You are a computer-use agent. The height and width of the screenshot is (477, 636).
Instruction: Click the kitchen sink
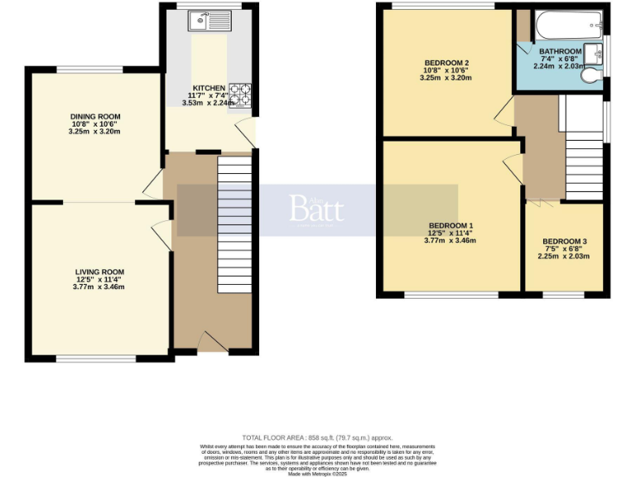pyautogui.click(x=203, y=21)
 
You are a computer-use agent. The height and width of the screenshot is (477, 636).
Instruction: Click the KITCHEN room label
pyautogui.click(x=209, y=88)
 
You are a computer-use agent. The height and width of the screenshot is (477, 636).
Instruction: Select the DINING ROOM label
pyautogui.click(x=95, y=117)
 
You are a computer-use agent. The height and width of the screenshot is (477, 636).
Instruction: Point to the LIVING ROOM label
pyautogui.click(x=99, y=272)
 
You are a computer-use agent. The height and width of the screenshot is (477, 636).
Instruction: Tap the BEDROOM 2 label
pyautogui.click(x=447, y=63)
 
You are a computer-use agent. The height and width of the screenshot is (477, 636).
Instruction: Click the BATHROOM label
pyautogui.click(x=560, y=51)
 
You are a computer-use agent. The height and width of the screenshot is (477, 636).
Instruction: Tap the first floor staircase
pyautogui.click(x=584, y=161)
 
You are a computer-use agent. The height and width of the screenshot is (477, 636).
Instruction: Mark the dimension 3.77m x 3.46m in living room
pyautogui.click(x=99, y=287)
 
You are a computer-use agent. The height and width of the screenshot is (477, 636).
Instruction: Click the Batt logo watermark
pyautogui.click(x=316, y=207)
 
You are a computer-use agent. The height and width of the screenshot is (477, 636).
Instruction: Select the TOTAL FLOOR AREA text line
pyautogui.click(x=317, y=437)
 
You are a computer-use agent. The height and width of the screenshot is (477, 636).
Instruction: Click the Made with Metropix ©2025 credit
pyautogui.click(x=317, y=474)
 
